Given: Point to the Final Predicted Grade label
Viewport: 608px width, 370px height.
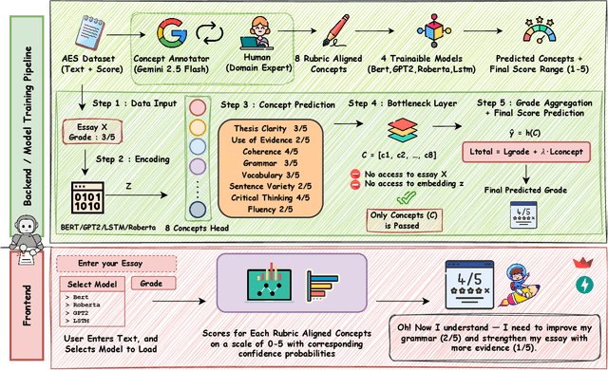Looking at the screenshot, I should [x=525, y=190].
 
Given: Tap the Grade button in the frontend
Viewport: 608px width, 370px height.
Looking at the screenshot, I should [x=153, y=284].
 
